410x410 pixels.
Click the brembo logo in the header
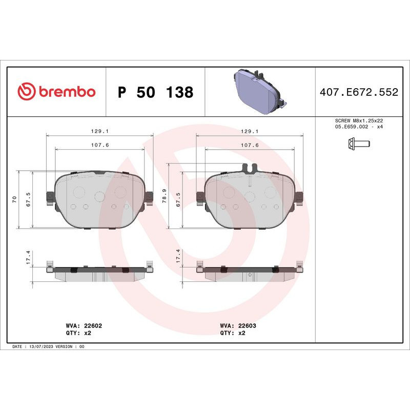coord(56,92)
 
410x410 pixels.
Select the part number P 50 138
coord(156,92)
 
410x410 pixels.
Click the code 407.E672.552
coord(358,92)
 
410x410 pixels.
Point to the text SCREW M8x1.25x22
coord(358,120)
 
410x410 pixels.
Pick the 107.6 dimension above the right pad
coord(250,145)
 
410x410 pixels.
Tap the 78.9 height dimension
coord(165,197)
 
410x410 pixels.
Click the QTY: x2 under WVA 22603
coord(233,333)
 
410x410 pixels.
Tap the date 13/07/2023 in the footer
coord(41,346)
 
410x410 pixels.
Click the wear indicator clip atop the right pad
coord(250,167)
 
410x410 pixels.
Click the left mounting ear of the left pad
coord(50,197)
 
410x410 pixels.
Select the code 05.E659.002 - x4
coord(358,127)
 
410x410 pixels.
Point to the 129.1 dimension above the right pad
coord(250,131)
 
